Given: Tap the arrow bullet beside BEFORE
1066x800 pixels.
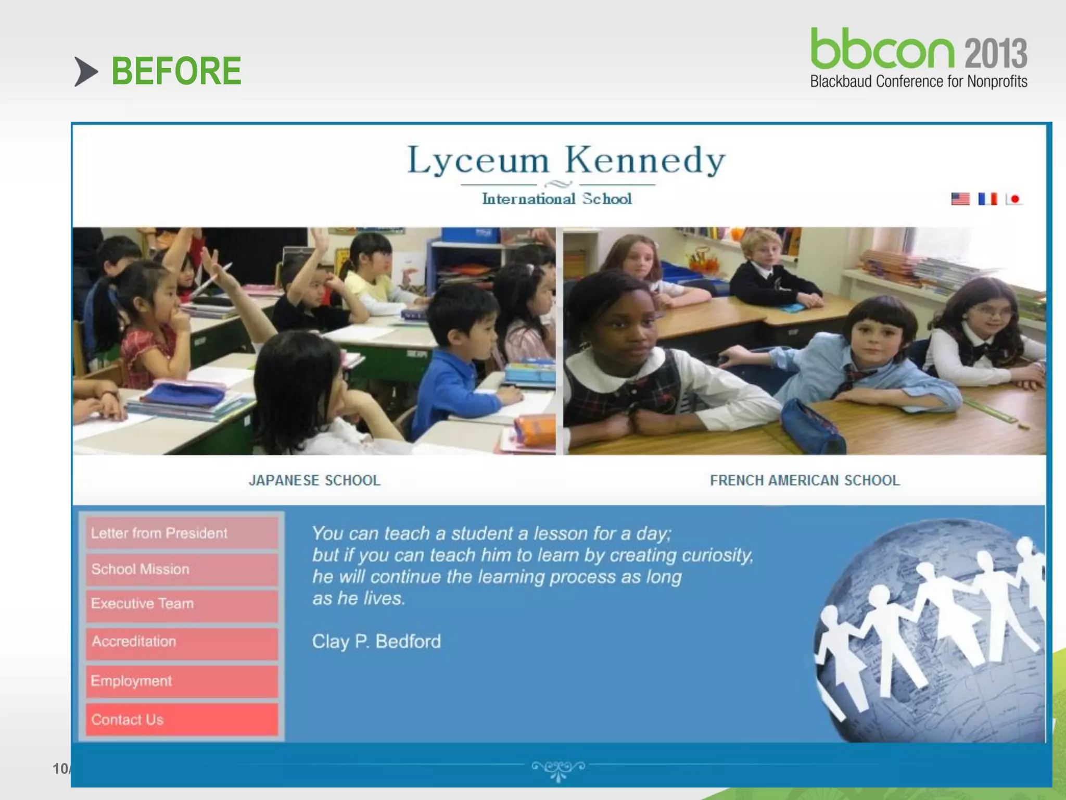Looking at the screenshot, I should [x=86, y=71].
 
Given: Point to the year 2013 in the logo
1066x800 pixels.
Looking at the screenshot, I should [x=996, y=53].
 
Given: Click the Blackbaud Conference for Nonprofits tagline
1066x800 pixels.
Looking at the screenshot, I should [x=918, y=82].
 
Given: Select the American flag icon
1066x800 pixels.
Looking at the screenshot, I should [x=960, y=199].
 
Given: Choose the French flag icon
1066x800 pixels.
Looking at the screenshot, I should [x=987, y=199].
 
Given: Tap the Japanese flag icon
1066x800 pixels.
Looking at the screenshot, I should [x=1013, y=199].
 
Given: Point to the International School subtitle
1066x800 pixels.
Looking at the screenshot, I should [x=556, y=199].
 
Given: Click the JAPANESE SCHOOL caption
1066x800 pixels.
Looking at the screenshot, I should [x=314, y=480].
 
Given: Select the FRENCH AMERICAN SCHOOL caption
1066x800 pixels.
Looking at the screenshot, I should [x=805, y=480].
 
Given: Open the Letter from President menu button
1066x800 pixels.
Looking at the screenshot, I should [x=182, y=533].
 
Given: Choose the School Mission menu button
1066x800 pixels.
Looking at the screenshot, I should [x=182, y=569].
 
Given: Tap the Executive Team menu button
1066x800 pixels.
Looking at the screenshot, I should [x=182, y=604].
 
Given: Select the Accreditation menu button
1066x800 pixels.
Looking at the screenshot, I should [x=182, y=642].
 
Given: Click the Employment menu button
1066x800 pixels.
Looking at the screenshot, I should [x=182, y=681].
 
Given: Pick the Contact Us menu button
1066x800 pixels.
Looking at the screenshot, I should [x=182, y=720].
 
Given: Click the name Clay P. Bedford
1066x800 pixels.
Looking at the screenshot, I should [x=376, y=642].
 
